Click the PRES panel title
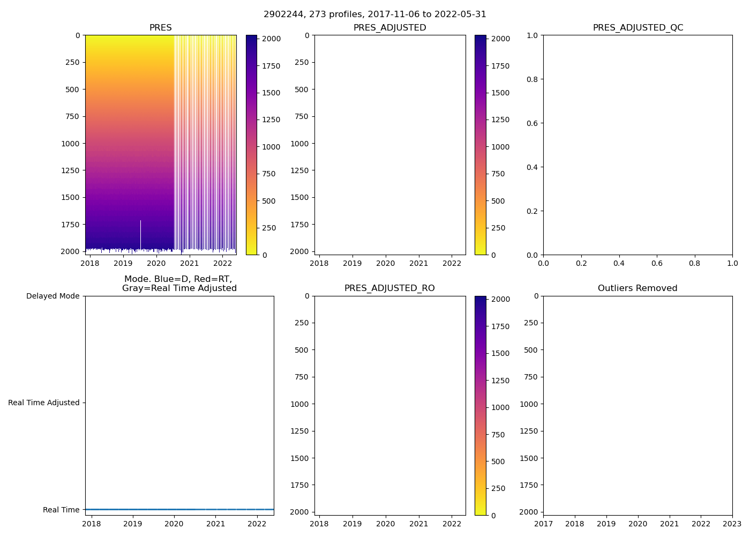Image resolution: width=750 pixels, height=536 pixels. pos(160,28)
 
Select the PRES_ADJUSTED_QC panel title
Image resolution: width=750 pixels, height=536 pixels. pos(637,28)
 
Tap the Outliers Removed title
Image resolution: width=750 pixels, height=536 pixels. pos(637,288)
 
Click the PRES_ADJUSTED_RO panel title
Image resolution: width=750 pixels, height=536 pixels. pos(389,288)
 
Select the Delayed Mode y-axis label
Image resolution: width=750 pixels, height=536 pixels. pos(52,296)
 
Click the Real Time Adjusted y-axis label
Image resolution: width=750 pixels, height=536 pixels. pos(43,403)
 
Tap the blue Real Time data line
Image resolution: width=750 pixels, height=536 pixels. pos(179,509)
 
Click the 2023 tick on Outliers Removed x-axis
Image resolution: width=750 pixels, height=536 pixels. pos(732,524)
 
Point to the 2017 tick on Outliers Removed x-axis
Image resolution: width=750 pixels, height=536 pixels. pos(543,524)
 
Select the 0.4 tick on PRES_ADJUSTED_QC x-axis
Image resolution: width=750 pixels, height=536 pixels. pos(619,263)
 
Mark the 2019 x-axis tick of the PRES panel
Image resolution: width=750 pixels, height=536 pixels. pos(123,263)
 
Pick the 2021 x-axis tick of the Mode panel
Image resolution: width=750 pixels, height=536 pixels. pos(216,524)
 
